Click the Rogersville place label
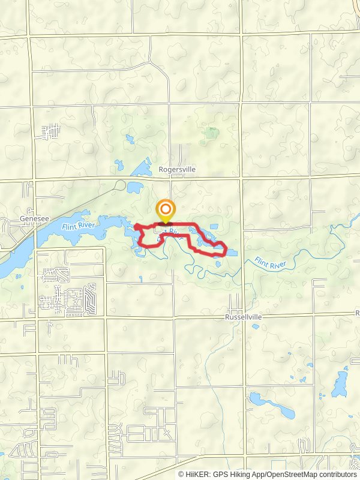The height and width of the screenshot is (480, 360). [x=178, y=170]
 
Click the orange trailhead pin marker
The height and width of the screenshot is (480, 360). [x=165, y=211]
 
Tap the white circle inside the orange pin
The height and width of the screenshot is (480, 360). [x=165, y=210]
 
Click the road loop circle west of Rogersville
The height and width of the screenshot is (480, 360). [x=121, y=185]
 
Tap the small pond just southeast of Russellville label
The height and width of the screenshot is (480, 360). [x=256, y=327]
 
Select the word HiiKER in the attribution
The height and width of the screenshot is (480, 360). [x=197, y=474]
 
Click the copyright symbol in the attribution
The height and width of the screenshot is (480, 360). [x=182, y=474]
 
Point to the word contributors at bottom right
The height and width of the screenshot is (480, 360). [x=335, y=474]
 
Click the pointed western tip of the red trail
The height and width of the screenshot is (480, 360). [x=134, y=226]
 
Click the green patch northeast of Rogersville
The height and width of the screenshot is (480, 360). [x=211, y=133]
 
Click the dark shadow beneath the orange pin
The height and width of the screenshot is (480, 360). [x=165, y=224]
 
